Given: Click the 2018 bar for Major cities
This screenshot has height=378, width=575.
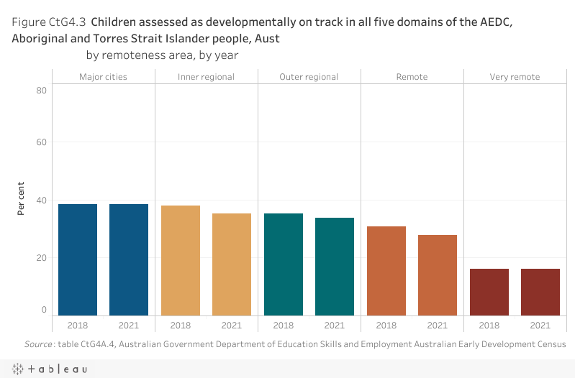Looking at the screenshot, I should click(x=78, y=259).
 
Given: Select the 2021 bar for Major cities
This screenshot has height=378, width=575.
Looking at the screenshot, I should click(x=129, y=259).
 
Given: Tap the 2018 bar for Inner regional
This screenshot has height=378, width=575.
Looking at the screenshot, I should click(x=181, y=260).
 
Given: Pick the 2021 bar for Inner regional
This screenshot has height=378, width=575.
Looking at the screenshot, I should click(x=232, y=264).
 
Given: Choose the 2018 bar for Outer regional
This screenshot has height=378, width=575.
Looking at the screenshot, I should click(x=284, y=264).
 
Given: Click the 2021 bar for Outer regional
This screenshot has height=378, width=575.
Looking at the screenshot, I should click(x=335, y=266).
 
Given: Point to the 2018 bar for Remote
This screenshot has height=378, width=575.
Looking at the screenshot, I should click(x=386, y=270).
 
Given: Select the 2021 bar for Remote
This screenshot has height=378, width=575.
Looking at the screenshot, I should click(x=438, y=275).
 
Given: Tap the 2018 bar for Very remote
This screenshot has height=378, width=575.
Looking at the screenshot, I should click(x=489, y=292).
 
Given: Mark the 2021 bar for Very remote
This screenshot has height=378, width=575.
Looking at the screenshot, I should click(x=540, y=292).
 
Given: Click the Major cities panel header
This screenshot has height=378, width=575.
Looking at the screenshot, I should click(x=103, y=77).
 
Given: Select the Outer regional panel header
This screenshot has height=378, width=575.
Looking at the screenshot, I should click(x=309, y=77).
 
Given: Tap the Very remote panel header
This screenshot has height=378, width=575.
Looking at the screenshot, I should click(x=515, y=77).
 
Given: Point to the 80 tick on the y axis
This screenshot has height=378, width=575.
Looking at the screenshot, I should click(x=42, y=90).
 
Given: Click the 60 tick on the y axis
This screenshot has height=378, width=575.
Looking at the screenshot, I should click(x=42, y=142).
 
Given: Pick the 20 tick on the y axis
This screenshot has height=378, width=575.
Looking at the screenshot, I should click(x=42, y=258).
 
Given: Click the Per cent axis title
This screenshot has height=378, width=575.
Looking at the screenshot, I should click(x=22, y=199).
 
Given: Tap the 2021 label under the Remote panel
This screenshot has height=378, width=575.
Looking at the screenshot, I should click(x=438, y=326).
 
